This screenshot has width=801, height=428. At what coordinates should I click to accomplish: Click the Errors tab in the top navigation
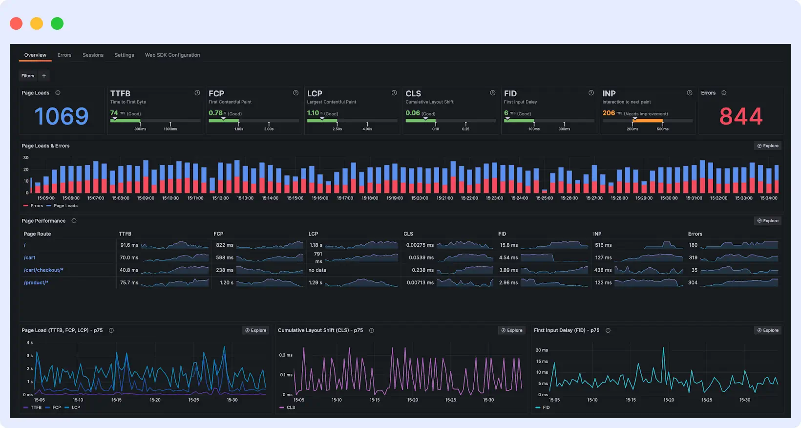pyautogui.click(x=64, y=55)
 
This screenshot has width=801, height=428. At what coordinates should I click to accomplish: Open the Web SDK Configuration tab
pyautogui.click(x=172, y=55)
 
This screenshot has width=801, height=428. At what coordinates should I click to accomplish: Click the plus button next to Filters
pyautogui.click(x=44, y=76)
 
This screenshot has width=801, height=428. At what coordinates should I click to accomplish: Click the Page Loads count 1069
pyautogui.click(x=62, y=116)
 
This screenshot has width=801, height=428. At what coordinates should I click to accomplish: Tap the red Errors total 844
pyautogui.click(x=740, y=116)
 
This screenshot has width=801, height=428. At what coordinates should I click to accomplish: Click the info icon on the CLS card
pyautogui.click(x=492, y=93)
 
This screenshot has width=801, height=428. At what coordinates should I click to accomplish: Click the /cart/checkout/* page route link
pyautogui.click(x=43, y=270)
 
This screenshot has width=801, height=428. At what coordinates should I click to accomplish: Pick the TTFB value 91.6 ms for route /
pyautogui.click(x=129, y=245)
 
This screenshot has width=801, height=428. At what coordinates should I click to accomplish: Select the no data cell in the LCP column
pyautogui.click(x=317, y=270)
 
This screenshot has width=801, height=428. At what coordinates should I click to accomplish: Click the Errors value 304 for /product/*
pyautogui.click(x=693, y=283)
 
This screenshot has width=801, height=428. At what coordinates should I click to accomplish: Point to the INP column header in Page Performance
pyautogui.click(x=597, y=234)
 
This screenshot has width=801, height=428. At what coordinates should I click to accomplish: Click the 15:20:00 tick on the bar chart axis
pyautogui.click(x=420, y=198)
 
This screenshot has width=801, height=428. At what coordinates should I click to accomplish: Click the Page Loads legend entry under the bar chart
pyautogui.click(x=65, y=206)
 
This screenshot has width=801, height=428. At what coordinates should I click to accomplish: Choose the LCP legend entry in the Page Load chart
pyautogui.click(x=76, y=407)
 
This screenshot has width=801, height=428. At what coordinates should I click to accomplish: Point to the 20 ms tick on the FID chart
pyautogui.click(x=542, y=350)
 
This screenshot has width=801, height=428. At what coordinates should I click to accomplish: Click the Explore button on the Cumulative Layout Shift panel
pyautogui.click(x=512, y=331)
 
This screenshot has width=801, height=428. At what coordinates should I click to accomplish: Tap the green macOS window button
pyautogui.click(x=57, y=23)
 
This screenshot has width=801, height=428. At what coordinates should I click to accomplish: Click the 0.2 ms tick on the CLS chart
pyautogui.click(x=286, y=355)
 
